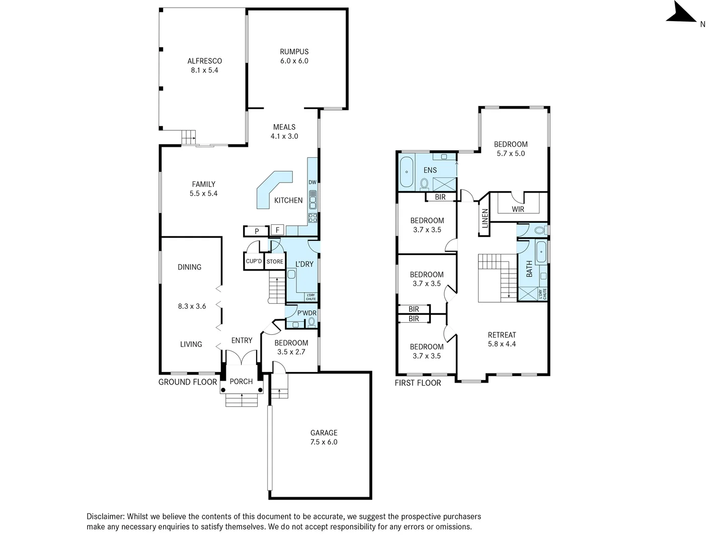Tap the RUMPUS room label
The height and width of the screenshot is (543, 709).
(294, 51)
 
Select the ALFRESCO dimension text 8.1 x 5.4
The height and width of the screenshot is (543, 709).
(204, 70)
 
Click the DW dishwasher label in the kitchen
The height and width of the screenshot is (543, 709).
(312, 182)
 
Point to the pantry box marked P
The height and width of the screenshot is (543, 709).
(257, 231)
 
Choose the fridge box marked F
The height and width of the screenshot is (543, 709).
(277, 230)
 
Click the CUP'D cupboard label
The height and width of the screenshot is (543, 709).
(254, 261)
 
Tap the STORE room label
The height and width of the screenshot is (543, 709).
(275, 261)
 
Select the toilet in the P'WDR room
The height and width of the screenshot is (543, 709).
(311, 322)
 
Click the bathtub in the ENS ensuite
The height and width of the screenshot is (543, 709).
(407, 172)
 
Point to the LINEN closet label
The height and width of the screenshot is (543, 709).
(485, 218)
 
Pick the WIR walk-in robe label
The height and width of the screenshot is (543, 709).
(518, 209)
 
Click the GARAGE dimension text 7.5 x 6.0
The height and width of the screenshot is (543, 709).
(324, 442)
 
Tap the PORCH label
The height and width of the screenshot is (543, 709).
(241, 381)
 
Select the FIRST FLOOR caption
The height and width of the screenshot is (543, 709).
(418, 383)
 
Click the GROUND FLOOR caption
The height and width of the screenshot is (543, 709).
(188, 382)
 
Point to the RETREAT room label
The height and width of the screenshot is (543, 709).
(502, 335)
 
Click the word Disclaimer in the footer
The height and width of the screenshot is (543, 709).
(105, 516)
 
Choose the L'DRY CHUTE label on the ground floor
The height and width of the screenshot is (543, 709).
(310, 297)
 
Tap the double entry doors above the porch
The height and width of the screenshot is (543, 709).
(242, 357)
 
